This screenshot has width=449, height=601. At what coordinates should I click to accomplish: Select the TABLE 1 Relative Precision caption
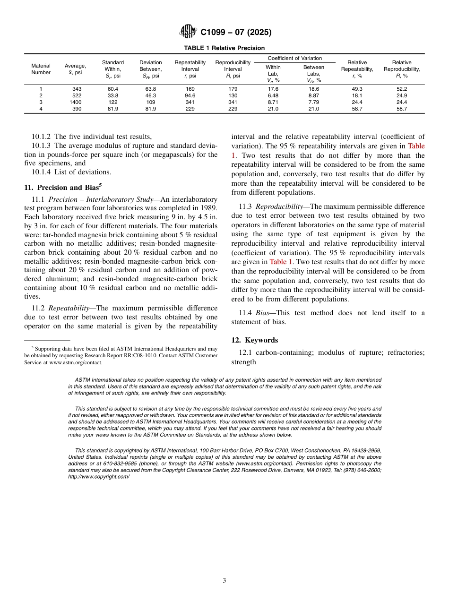pyautogui.click(x=224, y=48)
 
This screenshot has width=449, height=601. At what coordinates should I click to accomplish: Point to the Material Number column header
pyautogui.click(x=41, y=69)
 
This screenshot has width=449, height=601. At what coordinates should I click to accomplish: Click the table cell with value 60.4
pyautogui.click(x=113, y=89)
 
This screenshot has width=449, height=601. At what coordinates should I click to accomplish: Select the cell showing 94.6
pyautogui.click(x=190, y=95)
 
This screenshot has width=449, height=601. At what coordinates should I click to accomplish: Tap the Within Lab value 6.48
pyautogui.click(x=273, y=95)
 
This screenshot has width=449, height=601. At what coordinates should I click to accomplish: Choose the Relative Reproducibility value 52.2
pyautogui.click(x=402, y=89)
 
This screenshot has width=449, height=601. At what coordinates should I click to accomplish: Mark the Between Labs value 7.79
pyautogui.click(x=313, y=102)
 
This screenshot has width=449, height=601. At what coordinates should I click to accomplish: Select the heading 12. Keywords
pyautogui.click(x=254, y=340)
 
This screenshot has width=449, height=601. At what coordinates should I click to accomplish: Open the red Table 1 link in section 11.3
pyautogui.click(x=281, y=262)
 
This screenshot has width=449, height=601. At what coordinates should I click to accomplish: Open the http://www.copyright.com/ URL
pyautogui.click(x=99, y=477)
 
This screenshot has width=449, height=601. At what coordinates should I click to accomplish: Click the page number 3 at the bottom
pyautogui.click(x=224, y=581)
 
